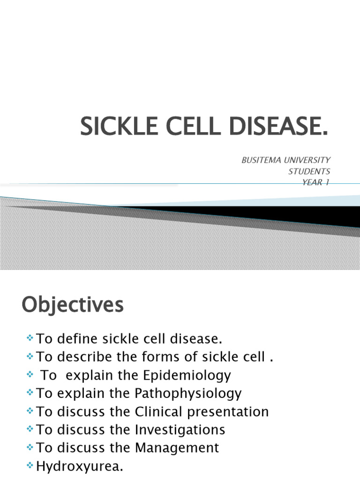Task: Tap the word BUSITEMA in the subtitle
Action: [260, 160]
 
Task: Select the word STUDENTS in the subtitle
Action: [309, 172]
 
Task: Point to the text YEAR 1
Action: [317, 182]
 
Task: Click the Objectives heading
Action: [73, 305]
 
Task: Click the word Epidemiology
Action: [192, 375]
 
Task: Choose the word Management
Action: [177, 448]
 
